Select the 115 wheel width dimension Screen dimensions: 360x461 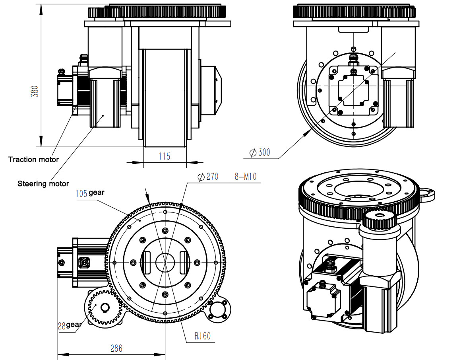pyautogui.click(x=164, y=156)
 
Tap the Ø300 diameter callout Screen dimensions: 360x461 pyautogui.click(x=260, y=152)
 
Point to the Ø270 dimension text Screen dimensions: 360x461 pyautogui.click(x=208, y=177)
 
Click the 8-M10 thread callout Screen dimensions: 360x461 pyautogui.click(x=245, y=177)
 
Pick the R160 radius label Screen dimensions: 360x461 pyautogui.click(x=202, y=336)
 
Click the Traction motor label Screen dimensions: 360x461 pyautogui.click(x=33, y=160)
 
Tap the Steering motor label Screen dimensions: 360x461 pyautogui.click(x=43, y=184)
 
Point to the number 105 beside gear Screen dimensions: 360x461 pyautogui.click(x=81, y=193)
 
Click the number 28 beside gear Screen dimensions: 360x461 pyautogui.click(x=62, y=325)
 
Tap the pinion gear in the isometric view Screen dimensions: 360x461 pyautogui.click(x=380, y=220)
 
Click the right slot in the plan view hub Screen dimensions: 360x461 pyautogui.click(x=184, y=263)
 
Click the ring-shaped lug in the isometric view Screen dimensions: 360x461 pyautogui.click(x=427, y=195)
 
